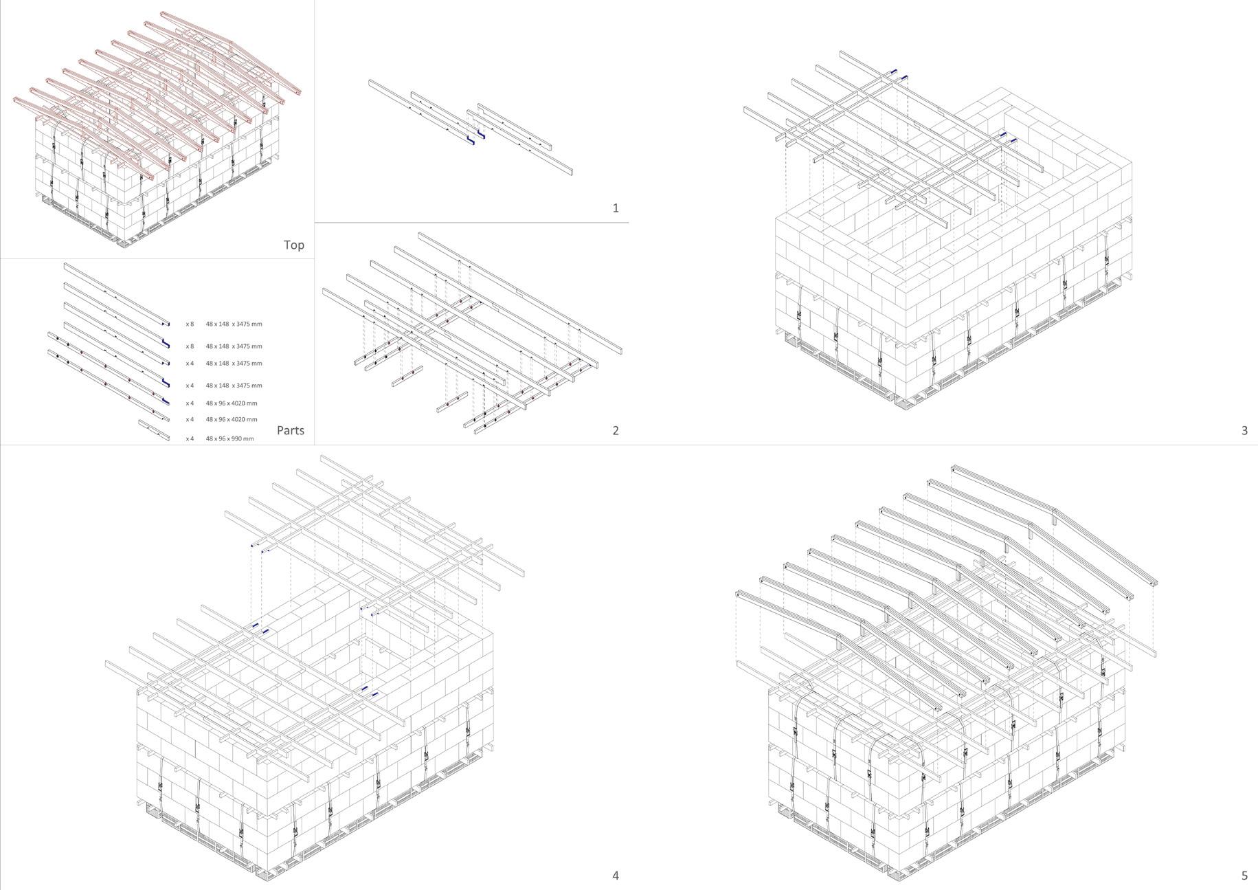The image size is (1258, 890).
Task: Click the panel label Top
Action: [293, 245]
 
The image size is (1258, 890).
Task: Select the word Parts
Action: [290, 430]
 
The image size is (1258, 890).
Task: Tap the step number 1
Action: [616, 208]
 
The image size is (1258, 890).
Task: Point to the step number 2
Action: [616, 430]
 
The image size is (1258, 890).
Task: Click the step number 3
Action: [1244, 430]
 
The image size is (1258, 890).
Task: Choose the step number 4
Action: [616, 875]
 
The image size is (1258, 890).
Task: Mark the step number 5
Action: [1244, 875]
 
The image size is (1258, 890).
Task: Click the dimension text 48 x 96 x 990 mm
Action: [229, 438]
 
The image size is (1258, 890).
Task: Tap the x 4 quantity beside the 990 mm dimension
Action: [190, 438]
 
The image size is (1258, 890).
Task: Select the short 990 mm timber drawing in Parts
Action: [154, 430]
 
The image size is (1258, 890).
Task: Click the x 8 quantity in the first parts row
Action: [190, 324]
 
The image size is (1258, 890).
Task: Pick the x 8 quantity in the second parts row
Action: [190, 346]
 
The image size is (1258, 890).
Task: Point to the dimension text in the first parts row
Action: [234, 324]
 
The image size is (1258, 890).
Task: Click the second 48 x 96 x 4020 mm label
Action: [232, 419]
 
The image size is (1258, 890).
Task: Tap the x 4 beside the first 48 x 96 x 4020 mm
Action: [190, 403]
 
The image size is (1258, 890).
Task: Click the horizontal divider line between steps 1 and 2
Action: [471, 223]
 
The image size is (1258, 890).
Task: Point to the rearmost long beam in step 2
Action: [520, 292]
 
